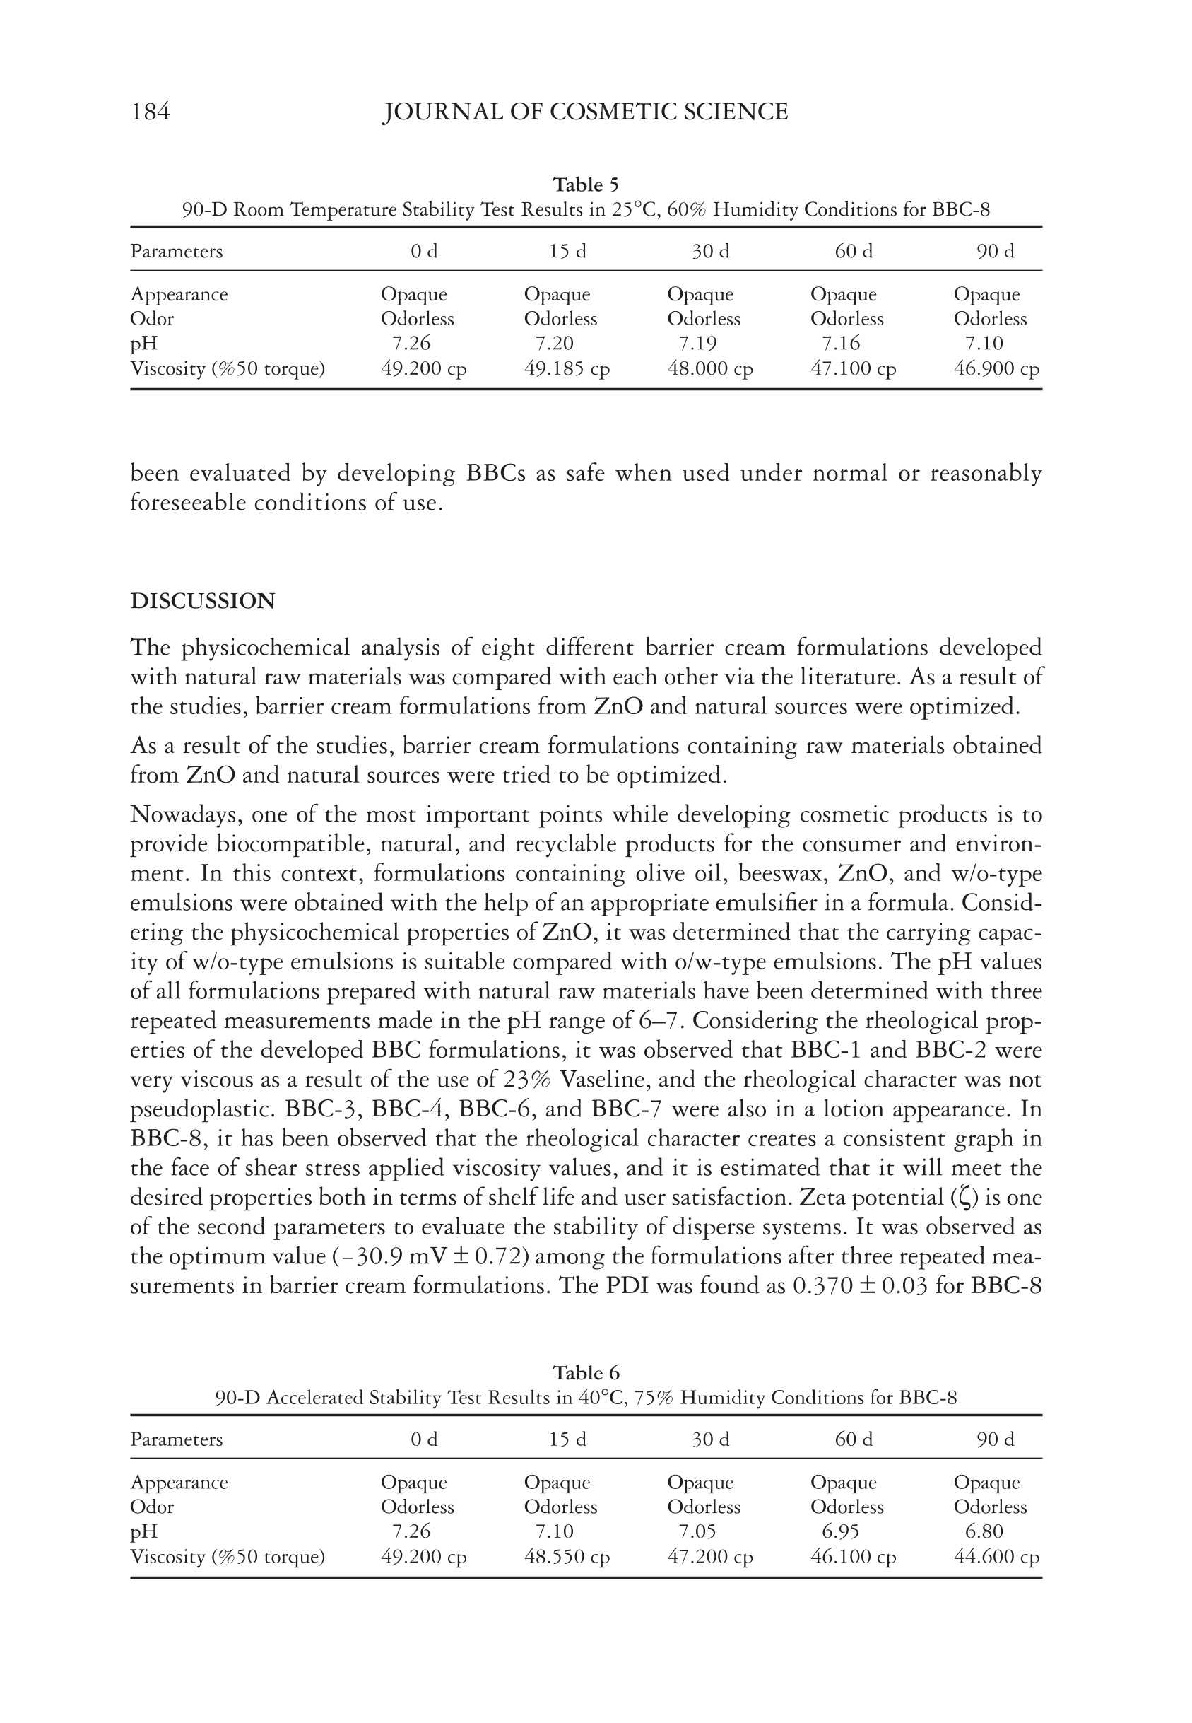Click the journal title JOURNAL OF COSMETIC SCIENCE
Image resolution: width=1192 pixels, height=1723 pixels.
585,112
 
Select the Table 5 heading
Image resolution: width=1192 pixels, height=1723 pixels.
586,185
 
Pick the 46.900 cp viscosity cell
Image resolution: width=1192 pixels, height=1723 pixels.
996,369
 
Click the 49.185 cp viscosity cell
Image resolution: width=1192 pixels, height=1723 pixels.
567,369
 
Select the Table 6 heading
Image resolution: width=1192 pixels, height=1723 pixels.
586,1372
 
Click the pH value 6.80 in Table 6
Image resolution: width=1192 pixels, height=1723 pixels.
984,1531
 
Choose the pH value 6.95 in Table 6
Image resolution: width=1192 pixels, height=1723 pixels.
840,1531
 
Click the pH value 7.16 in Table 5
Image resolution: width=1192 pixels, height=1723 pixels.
840,344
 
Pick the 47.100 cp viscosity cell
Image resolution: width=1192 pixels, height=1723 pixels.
853,369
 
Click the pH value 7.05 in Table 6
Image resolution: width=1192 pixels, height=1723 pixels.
697,1531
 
